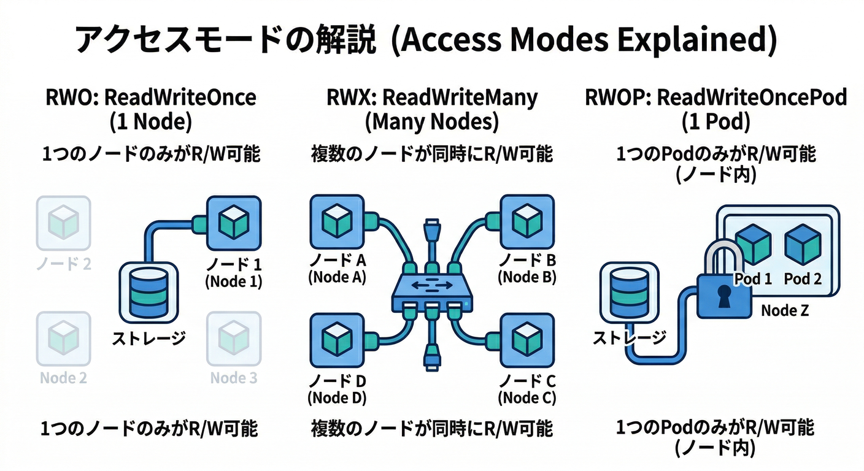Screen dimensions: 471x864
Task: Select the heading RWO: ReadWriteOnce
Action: pos(151,98)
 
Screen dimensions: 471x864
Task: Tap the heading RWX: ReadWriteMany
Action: pos(431,98)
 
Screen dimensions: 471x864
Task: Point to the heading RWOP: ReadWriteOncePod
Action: pos(715,98)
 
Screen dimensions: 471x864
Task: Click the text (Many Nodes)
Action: pos(431,123)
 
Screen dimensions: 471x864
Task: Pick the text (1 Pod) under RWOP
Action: pos(715,123)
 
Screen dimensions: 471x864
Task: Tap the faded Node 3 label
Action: pos(233,378)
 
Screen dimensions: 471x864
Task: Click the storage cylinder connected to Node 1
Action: pos(147,292)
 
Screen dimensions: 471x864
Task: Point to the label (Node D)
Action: pos(337,397)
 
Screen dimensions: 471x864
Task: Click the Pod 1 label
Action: pos(753,279)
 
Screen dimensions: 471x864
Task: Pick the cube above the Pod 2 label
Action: pos(803,244)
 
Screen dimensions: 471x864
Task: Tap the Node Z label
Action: pos(785,310)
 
